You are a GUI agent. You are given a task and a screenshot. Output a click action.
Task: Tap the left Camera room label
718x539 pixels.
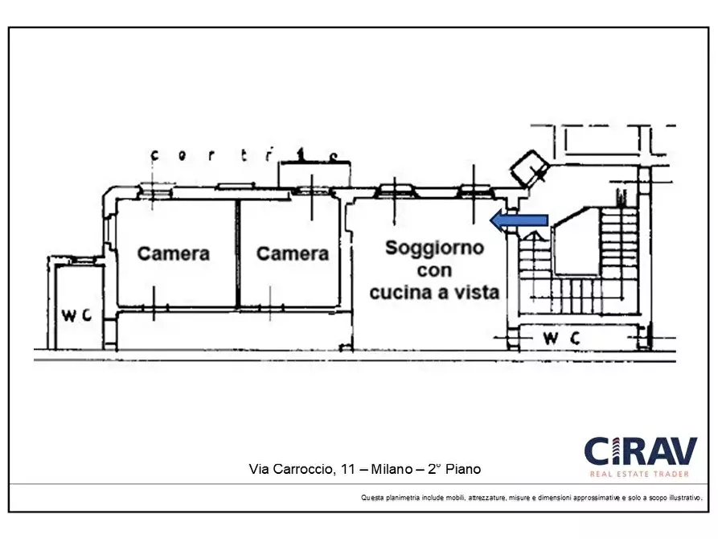174,253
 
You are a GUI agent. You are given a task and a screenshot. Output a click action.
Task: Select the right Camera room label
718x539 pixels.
293,253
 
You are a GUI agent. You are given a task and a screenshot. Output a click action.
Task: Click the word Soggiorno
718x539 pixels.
434,248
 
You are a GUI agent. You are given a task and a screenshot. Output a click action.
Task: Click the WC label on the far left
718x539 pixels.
77,315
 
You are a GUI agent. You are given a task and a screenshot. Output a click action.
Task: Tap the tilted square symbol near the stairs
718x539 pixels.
531,167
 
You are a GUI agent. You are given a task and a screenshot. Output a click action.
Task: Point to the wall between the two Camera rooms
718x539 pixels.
238,253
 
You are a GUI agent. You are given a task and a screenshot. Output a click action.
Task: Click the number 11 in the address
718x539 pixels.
342,468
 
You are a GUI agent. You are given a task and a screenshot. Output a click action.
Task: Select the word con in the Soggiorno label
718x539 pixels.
434,270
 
